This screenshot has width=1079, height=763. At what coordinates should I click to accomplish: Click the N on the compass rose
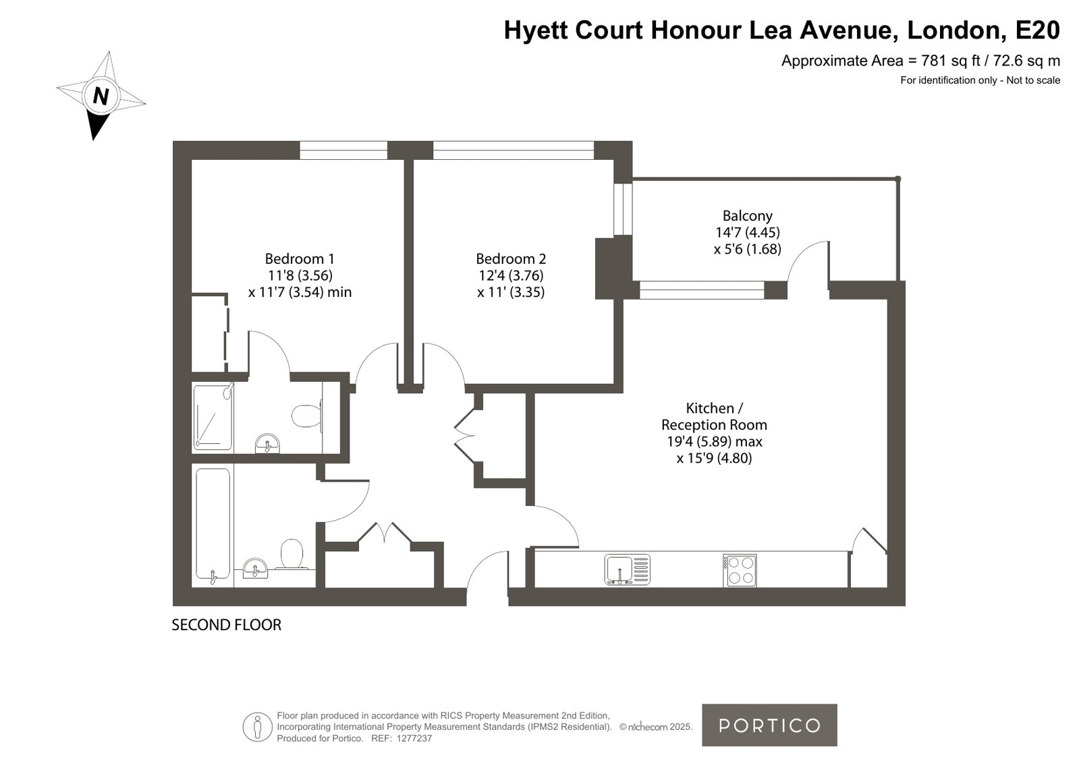tap(100, 96)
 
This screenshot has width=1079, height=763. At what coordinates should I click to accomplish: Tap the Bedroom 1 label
tap(300, 258)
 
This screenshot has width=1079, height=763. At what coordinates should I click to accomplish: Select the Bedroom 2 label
tap(511, 258)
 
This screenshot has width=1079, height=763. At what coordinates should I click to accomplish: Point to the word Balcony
tap(747, 216)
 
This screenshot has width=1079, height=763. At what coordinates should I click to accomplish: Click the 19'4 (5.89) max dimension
tap(714, 441)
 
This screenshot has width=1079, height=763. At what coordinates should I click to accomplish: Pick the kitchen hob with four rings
tap(740, 570)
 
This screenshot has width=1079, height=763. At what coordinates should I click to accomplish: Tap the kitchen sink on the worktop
tap(627, 570)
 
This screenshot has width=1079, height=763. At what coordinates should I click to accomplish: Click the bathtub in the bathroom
tap(213, 526)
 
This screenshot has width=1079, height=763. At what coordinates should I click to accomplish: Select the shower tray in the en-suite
tap(213, 417)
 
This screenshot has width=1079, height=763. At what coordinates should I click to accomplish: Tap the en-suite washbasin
tap(267, 444)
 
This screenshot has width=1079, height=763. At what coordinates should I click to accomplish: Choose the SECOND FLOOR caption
tap(227, 625)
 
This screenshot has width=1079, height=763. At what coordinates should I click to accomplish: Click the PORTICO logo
tap(769, 725)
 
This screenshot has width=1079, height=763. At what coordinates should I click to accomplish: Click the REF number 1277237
tap(414, 739)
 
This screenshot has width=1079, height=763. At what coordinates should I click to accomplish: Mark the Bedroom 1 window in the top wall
tap(343, 150)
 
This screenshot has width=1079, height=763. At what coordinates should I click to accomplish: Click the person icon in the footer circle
tap(257, 727)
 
